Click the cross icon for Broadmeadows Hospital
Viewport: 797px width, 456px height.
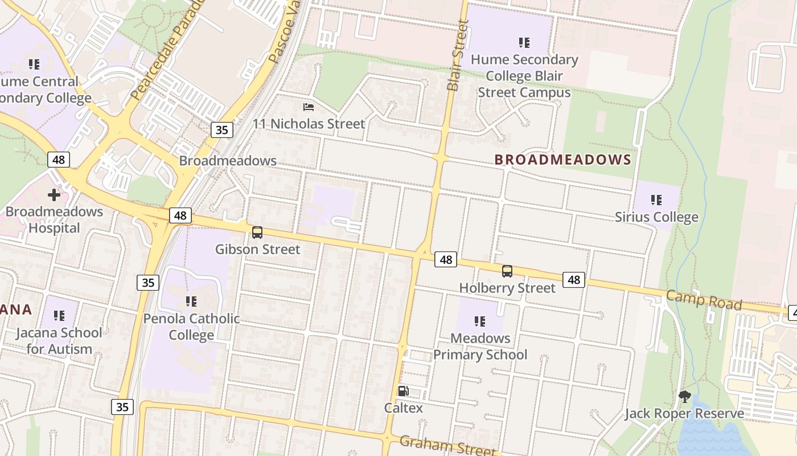[54, 195]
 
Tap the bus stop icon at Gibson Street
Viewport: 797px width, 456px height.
[257, 233]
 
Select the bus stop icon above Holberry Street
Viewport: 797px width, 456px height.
[507, 271]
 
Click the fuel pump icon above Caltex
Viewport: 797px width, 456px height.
[403, 391]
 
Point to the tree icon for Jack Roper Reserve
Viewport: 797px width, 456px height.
[685, 397]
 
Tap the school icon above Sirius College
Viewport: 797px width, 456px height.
[656, 200]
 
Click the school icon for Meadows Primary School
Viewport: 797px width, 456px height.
[479, 321]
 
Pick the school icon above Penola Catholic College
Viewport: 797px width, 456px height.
[191, 301]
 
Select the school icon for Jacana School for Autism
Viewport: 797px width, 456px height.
[59, 316]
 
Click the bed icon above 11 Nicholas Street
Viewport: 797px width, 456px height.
[309, 107]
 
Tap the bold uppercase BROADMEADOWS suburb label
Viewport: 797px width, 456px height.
[563, 160]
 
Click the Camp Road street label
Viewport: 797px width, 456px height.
[704, 300]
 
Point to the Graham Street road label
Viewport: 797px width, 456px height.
[447, 445]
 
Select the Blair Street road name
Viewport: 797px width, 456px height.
[458, 56]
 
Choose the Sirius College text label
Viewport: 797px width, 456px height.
[656, 217]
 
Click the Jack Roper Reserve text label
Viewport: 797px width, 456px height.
[684, 414]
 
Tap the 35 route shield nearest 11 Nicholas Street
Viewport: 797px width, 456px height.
[221, 130]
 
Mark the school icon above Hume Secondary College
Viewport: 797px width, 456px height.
[524, 43]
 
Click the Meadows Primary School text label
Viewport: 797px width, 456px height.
[480, 347]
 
